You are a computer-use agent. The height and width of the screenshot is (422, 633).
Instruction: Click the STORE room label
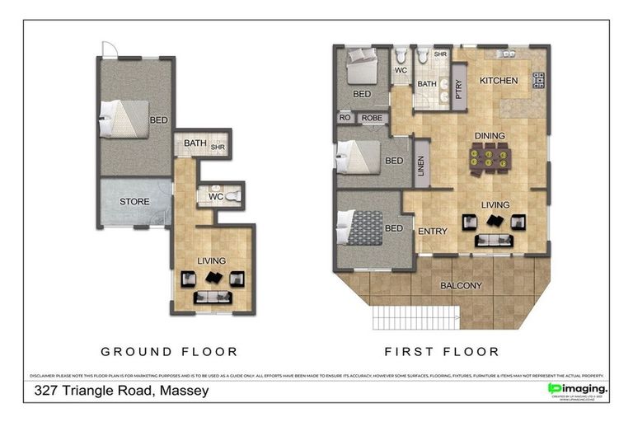[134, 201]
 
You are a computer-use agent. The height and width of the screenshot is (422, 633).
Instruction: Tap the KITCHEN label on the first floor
[499, 81]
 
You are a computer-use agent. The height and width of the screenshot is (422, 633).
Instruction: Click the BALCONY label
[461, 286]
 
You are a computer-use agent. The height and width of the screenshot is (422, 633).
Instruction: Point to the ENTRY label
[433, 232]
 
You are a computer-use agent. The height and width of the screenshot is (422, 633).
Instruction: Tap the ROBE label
[372, 118]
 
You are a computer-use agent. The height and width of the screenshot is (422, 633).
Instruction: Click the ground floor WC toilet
[232, 196]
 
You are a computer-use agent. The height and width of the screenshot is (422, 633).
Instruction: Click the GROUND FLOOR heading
[168, 351]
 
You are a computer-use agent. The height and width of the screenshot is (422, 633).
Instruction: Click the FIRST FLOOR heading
[442, 351]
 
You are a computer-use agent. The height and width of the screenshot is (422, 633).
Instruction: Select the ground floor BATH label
[195, 143]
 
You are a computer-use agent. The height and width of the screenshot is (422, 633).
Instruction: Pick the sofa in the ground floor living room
[213, 298]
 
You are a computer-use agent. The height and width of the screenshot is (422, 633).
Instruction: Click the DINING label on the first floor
[489, 136]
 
